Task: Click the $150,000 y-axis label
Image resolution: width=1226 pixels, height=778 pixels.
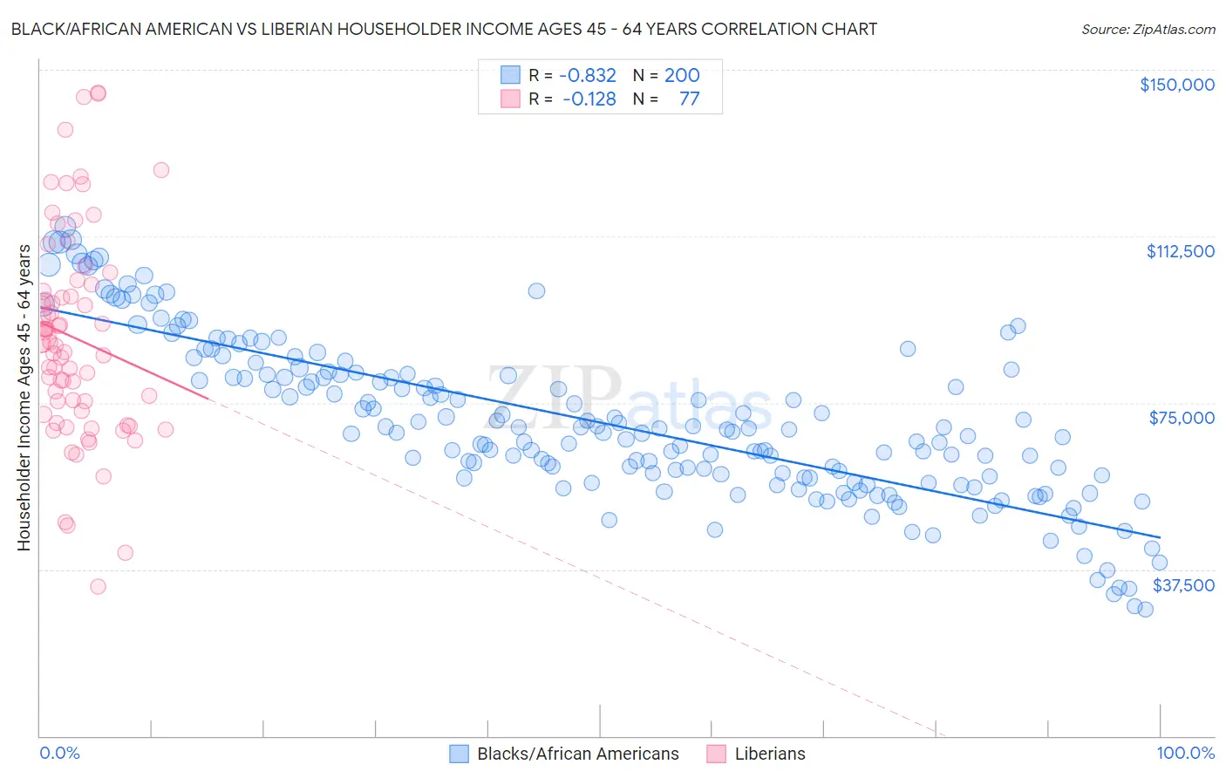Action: tap(1176, 85)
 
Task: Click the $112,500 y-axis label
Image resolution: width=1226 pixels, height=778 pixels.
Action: tap(1180, 251)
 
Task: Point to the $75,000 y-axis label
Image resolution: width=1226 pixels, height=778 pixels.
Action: tap(1181, 418)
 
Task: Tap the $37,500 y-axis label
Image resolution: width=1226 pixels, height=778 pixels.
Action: tap(1182, 585)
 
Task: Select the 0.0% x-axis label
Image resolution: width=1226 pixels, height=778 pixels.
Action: tap(59, 753)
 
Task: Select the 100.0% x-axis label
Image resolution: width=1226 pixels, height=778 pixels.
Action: tap(1185, 753)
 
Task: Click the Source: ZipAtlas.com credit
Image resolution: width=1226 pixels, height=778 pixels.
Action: tap(1148, 29)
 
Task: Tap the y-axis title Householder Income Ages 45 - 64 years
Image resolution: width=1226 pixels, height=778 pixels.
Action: tap(24, 398)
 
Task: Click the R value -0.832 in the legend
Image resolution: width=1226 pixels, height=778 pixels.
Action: tap(588, 76)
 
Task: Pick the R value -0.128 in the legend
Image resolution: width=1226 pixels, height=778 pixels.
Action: tap(589, 99)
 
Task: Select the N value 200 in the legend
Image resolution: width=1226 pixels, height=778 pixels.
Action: tap(682, 76)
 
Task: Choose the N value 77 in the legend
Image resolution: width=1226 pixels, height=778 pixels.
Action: tap(689, 99)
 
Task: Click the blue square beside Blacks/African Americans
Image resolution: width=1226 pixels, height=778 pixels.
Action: tap(460, 754)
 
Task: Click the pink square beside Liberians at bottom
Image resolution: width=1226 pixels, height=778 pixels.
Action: tap(717, 754)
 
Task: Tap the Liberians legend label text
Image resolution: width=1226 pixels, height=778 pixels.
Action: tap(770, 754)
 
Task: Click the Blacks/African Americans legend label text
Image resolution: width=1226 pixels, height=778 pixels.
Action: tap(577, 754)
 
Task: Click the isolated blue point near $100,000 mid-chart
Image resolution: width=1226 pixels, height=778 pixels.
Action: tap(536, 290)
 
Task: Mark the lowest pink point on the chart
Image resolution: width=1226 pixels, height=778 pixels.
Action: tap(98, 586)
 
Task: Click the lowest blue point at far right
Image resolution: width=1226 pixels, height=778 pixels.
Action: tap(1145, 609)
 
